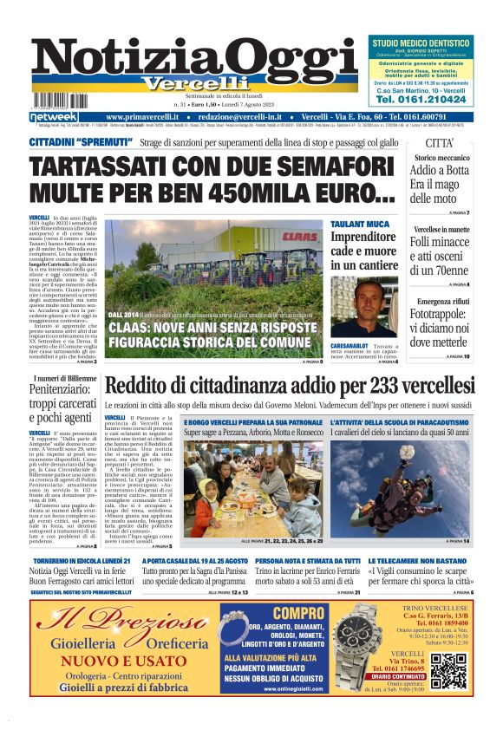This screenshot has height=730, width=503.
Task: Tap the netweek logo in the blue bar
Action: pyautogui.click(x=54, y=117)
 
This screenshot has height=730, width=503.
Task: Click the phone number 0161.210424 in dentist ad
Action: pyautogui.click(x=420, y=100)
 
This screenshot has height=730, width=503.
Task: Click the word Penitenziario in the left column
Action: pyautogui.click(x=66, y=390)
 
